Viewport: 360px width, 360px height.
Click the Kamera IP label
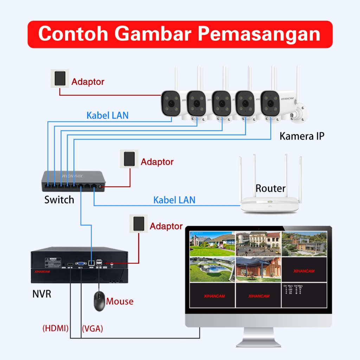point(302,136)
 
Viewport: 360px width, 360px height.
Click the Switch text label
point(59,200)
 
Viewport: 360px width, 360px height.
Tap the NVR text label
point(41,294)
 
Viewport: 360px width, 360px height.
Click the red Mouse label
point(120,301)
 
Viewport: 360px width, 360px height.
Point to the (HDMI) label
point(55,329)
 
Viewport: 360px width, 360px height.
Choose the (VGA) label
point(92,329)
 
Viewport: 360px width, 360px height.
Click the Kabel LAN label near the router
point(174,200)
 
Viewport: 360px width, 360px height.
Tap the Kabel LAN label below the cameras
point(108,115)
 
